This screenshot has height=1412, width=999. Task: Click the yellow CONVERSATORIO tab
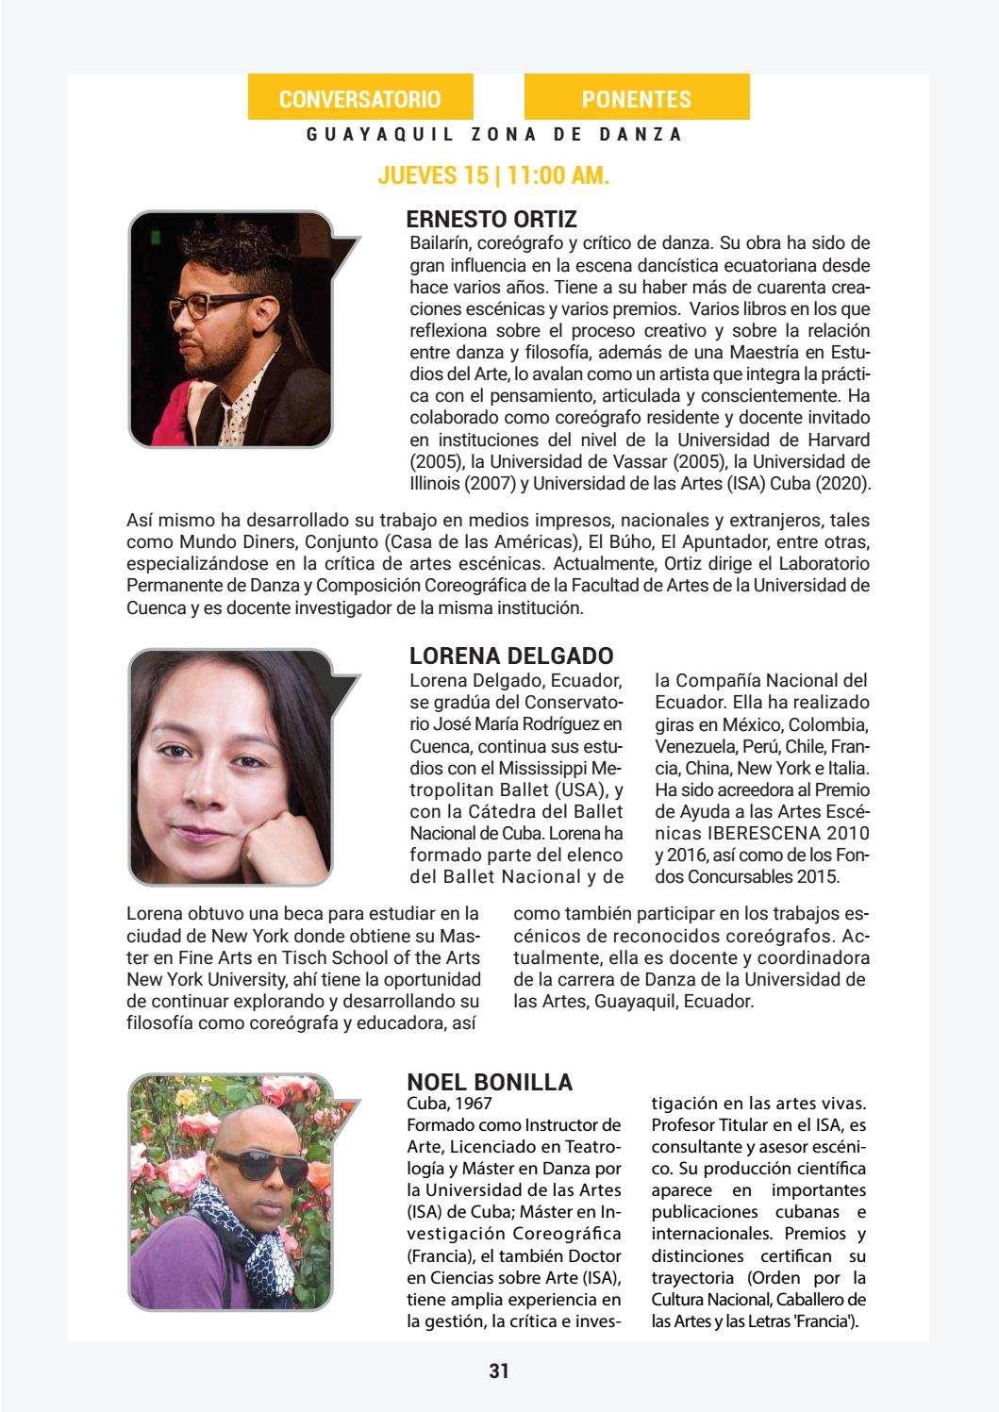(x=359, y=99)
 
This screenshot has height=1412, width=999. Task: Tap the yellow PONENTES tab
(x=636, y=99)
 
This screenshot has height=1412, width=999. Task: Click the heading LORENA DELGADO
(x=510, y=656)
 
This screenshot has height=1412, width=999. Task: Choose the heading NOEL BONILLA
(x=489, y=1082)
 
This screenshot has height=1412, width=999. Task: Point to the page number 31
(x=499, y=1370)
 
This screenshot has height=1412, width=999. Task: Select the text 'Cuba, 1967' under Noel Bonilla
(x=449, y=1102)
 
